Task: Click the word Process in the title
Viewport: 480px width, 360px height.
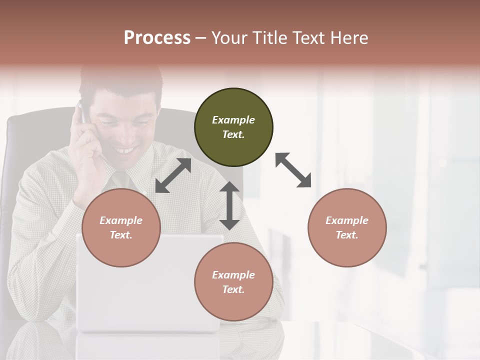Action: click(x=157, y=38)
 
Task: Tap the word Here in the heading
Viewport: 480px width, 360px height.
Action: click(x=348, y=38)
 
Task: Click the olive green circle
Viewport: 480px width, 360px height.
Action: click(x=233, y=127)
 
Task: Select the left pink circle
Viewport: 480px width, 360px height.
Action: click(x=121, y=227)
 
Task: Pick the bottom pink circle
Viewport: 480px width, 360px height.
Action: click(x=233, y=282)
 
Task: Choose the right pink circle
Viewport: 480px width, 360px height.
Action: click(x=347, y=227)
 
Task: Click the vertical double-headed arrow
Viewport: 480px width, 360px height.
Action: click(x=229, y=205)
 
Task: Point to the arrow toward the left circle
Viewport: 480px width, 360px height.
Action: click(x=173, y=175)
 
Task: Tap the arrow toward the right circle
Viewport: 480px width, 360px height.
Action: click(x=293, y=170)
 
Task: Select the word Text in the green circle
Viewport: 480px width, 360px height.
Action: click(x=233, y=134)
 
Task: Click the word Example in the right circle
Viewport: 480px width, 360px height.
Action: click(x=347, y=220)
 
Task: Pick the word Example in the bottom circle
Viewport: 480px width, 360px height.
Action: click(x=233, y=275)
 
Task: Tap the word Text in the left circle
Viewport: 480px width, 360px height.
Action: click(x=120, y=235)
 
